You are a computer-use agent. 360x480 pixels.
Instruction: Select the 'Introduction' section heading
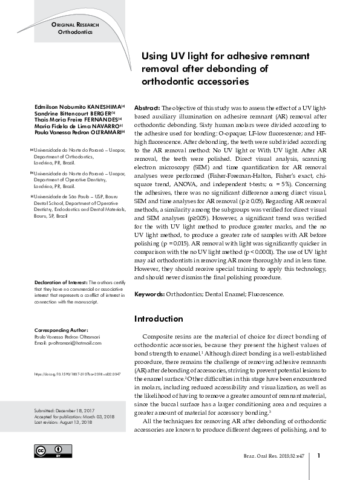(x=158, y=319)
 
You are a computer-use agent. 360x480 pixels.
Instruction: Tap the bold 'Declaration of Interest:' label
(x=61, y=282)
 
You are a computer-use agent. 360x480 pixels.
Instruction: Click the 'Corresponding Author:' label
(x=61, y=331)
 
